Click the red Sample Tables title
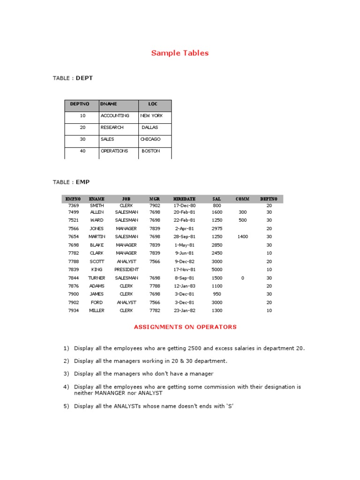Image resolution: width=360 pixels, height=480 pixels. [x=180, y=53]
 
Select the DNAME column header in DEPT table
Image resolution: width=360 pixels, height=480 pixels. [x=109, y=104]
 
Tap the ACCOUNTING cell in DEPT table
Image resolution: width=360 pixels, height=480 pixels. [x=115, y=115]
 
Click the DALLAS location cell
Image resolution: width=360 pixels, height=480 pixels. [x=150, y=127]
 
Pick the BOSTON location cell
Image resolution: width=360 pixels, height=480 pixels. [x=150, y=151]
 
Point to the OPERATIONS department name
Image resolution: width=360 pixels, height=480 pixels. [x=114, y=151]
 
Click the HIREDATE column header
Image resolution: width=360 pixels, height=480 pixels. [x=184, y=199]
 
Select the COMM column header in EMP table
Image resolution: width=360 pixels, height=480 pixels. [x=242, y=199]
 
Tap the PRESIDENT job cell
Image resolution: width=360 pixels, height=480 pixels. [x=127, y=270]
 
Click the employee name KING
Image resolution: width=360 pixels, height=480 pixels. [x=97, y=270]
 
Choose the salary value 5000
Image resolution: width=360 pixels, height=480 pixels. [x=217, y=270]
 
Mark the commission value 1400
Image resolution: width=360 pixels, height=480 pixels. [x=242, y=237]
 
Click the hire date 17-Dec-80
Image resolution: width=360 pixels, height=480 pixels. [x=184, y=205]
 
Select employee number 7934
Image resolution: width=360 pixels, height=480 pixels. [x=74, y=310]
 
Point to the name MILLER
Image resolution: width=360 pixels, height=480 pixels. [x=97, y=310]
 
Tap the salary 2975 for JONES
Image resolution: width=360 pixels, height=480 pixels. [x=217, y=228]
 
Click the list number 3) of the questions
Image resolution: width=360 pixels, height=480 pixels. [x=66, y=374]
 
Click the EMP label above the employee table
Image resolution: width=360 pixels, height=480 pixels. [x=82, y=182]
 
